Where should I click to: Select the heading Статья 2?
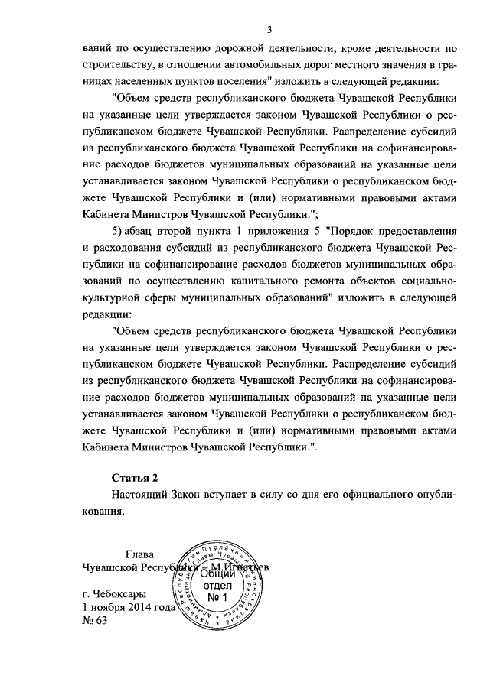click(134, 478)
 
